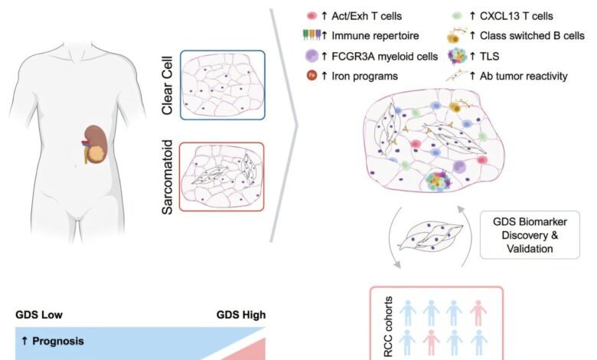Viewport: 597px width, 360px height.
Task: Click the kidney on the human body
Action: click(95, 144)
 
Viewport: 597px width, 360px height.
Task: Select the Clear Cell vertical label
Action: click(167, 85)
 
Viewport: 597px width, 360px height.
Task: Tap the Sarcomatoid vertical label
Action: click(167, 177)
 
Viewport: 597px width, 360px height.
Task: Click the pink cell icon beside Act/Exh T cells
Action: click(312, 16)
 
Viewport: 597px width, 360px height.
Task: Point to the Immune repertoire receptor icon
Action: click(312, 34)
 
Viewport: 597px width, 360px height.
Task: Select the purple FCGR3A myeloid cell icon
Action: click(312, 56)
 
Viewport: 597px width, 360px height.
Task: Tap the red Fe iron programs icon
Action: click(312, 75)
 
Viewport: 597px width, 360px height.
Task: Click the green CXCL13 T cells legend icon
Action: click(457, 16)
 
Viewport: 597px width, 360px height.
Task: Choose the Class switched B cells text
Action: click(532, 35)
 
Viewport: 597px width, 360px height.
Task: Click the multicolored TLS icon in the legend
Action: click(457, 57)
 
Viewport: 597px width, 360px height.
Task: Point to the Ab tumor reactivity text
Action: click(524, 76)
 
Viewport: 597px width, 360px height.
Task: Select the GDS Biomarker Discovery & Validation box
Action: click(530, 235)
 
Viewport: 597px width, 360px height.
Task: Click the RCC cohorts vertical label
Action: click(388, 326)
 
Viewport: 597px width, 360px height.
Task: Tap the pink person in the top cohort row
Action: click(478, 313)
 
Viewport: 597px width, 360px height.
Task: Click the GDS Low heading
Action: click(39, 315)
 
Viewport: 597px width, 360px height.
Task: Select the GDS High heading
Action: click(240, 315)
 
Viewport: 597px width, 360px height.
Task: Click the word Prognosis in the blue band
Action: click(58, 341)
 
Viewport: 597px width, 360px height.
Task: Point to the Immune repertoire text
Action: click(375, 36)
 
